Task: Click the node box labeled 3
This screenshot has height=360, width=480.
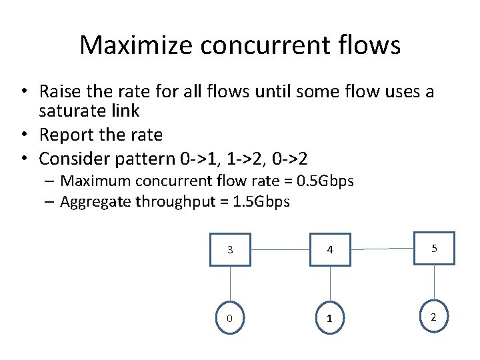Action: (230, 250)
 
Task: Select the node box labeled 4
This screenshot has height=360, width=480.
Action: (329, 250)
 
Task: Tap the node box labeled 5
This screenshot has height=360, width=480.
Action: (434, 248)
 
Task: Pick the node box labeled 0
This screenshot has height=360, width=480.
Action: (230, 318)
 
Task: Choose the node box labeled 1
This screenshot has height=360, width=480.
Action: (329, 318)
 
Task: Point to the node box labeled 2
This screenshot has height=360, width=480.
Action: (434, 317)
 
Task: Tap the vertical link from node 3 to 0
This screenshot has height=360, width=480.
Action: (230, 284)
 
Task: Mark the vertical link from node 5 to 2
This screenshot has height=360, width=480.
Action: (434, 282)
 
